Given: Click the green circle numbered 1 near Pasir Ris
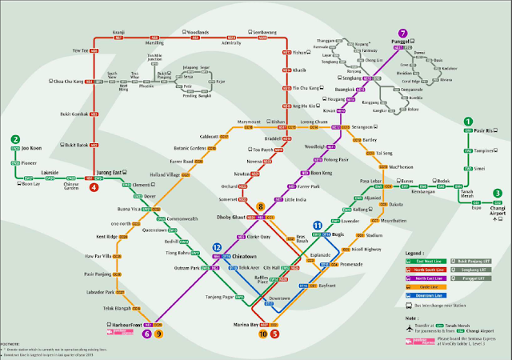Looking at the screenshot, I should point(468,121).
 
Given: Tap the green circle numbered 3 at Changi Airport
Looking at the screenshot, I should point(497,193).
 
